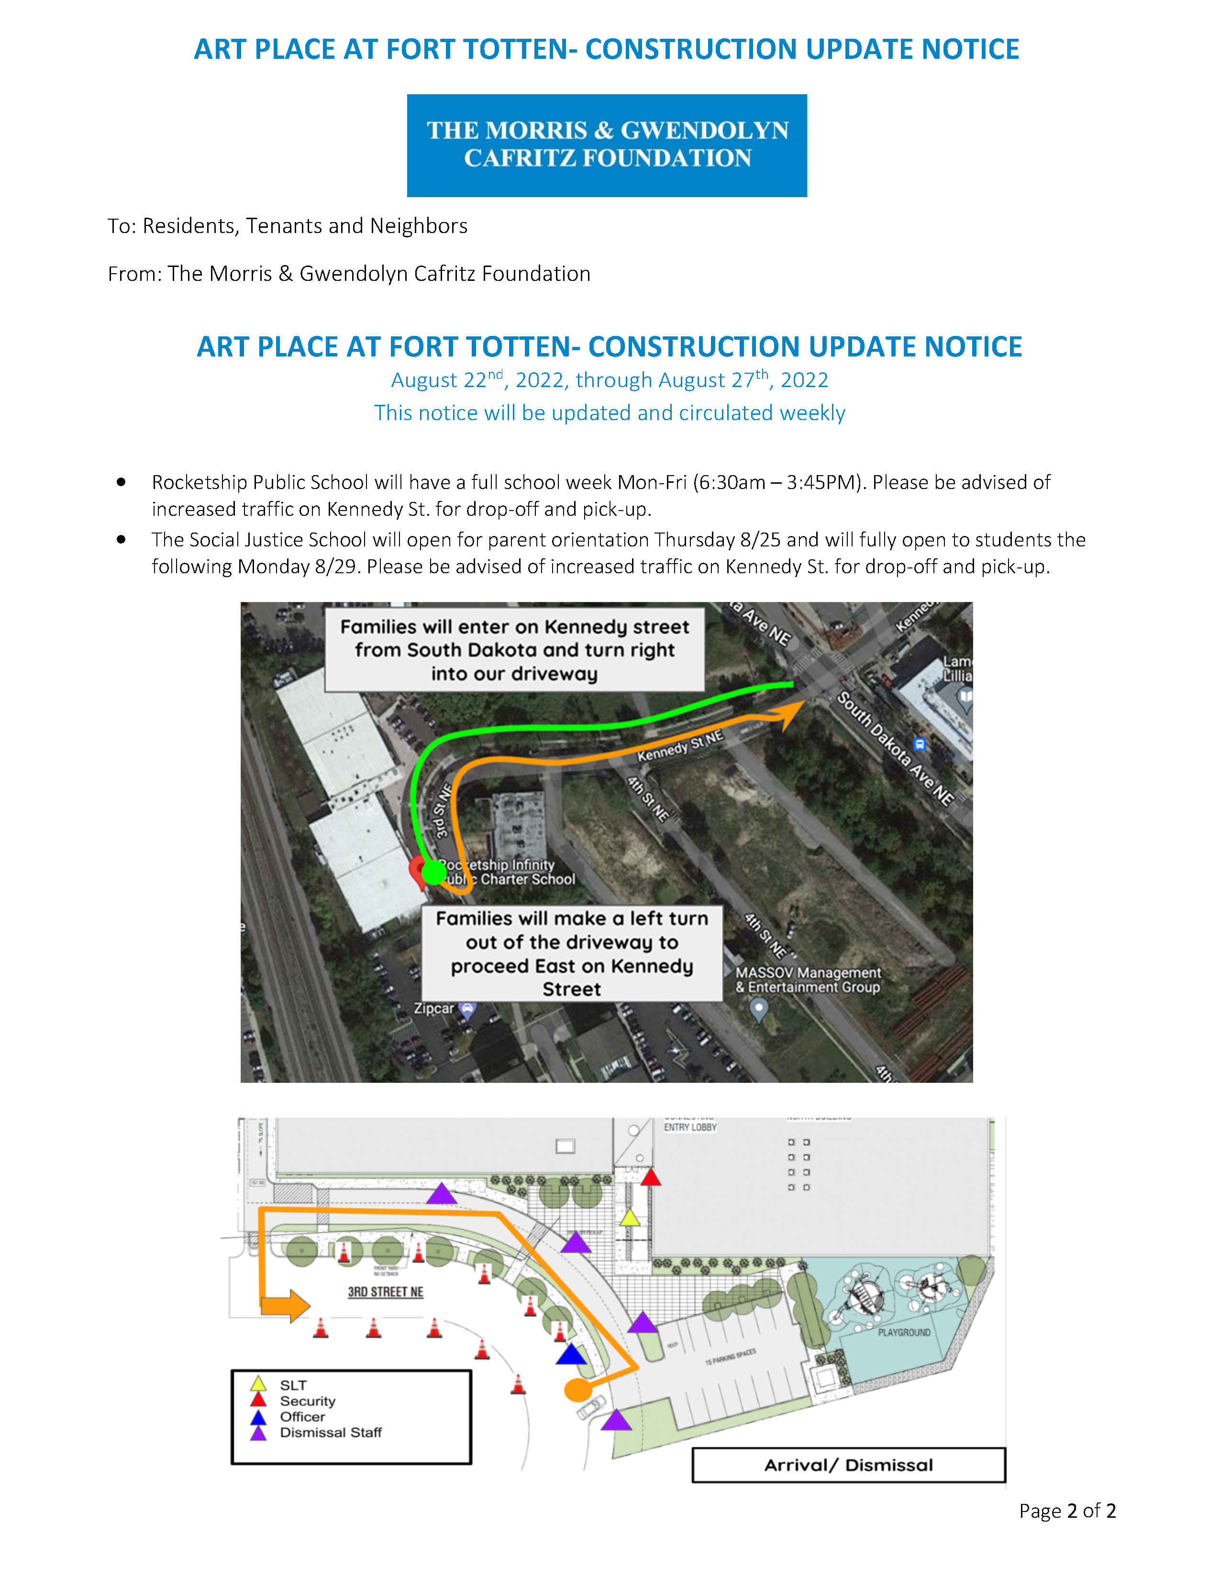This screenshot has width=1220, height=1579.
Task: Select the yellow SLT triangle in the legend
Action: pos(258,1385)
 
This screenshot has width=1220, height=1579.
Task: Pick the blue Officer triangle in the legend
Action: pos(258,1416)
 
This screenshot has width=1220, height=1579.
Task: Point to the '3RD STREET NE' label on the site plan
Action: pos(385,1292)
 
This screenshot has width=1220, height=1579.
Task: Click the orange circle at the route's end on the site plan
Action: pos(577,1389)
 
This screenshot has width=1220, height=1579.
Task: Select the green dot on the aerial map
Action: pos(433,872)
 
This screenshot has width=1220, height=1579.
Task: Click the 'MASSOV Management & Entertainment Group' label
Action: pos(807,979)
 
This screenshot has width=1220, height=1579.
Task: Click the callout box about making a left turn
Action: pos(572,954)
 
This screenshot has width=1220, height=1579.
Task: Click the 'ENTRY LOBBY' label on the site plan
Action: pos(690,1127)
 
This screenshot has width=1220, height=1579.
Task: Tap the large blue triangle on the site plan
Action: pos(571,1354)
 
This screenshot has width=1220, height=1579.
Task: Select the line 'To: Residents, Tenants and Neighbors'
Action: pos(288,226)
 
